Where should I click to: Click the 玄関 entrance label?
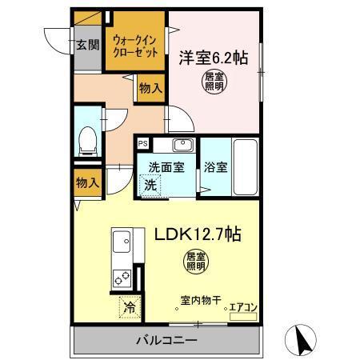pos(87,45)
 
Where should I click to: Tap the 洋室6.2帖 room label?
pos(214,58)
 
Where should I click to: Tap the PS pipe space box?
pos(142,144)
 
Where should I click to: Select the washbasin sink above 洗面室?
pos(182,146)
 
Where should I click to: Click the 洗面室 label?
pos(165,168)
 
